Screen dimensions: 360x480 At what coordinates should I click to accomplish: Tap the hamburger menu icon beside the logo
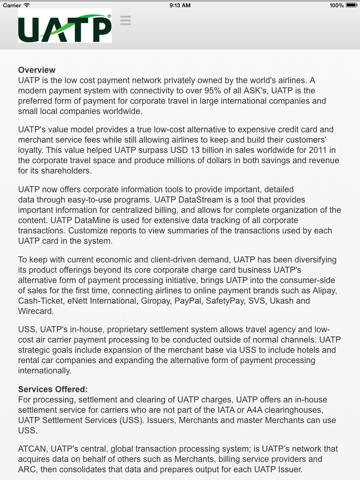coord(125,21)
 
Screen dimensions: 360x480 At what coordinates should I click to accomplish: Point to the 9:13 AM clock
coord(180,5)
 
